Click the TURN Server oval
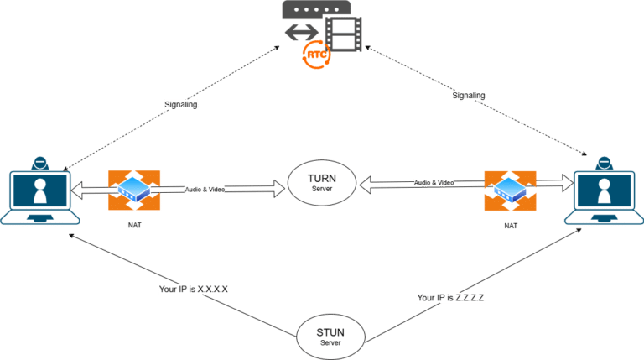(x=322, y=183)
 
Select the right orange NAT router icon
(x=509, y=191)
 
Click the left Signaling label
(x=181, y=105)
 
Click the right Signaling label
(x=469, y=96)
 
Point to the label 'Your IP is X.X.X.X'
(x=194, y=289)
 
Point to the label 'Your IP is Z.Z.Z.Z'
(x=450, y=298)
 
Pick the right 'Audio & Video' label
(x=434, y=182)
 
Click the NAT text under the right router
(x=509, y=227)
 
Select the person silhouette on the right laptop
(x=604, y=190)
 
